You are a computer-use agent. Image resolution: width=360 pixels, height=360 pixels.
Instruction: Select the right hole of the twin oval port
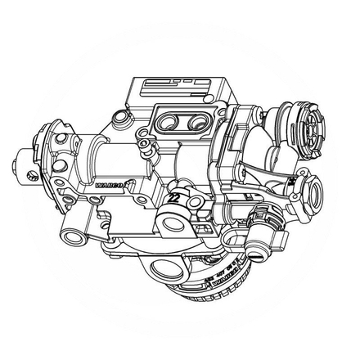pos(196,124)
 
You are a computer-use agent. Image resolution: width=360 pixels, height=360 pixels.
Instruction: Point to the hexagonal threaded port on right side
pos(312,195)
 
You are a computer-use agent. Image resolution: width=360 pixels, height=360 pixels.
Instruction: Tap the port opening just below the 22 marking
pos(173,223)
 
